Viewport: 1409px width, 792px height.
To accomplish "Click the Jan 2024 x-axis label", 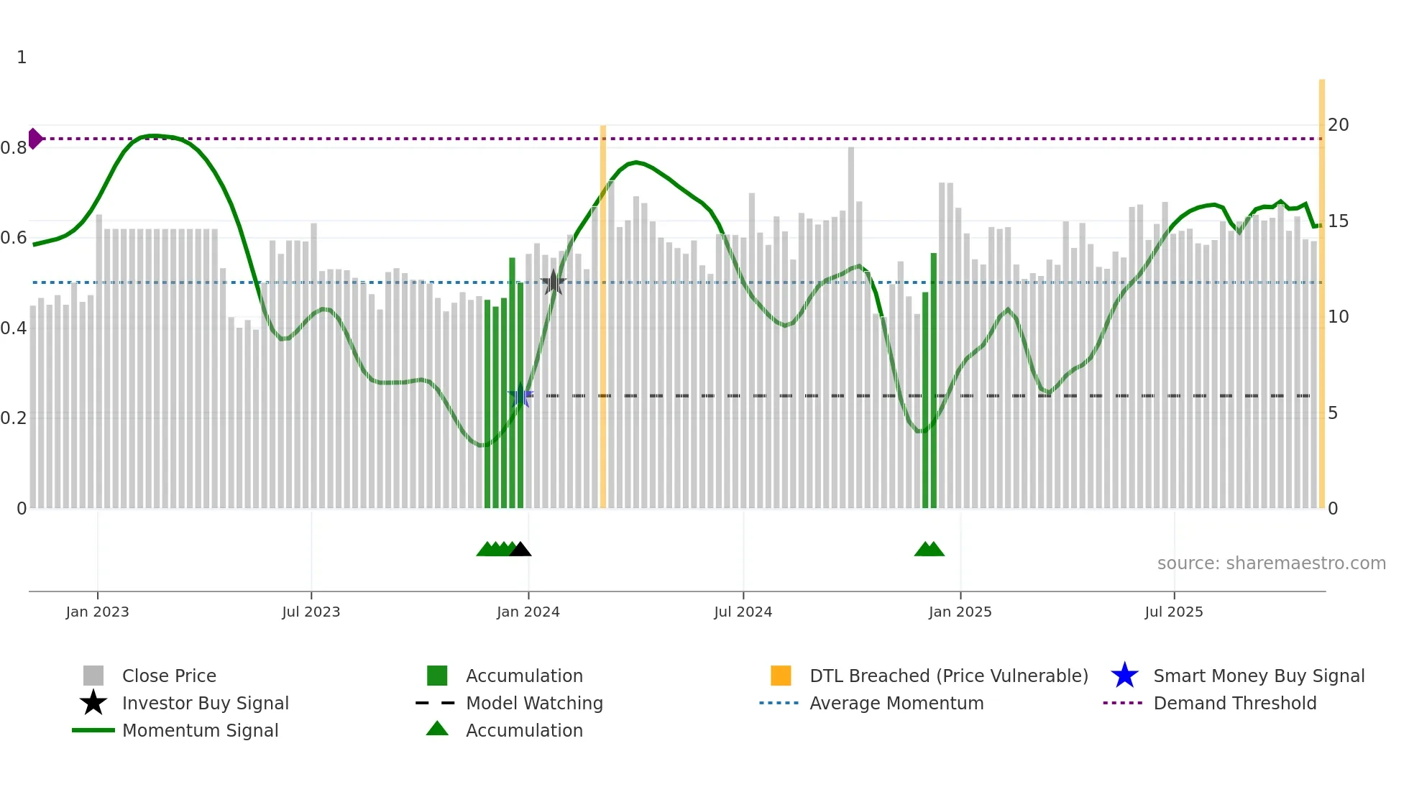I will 528,612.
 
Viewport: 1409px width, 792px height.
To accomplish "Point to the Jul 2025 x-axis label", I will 1173,612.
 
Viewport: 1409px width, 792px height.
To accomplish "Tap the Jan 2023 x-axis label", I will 97,612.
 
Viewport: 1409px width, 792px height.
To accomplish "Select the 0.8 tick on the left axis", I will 14,148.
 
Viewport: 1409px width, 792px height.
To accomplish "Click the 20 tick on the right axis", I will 1338,125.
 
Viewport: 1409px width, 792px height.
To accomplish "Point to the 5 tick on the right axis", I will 1333,413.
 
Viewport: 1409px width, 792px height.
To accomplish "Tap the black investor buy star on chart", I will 553,282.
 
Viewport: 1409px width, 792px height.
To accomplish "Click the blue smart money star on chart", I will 520,396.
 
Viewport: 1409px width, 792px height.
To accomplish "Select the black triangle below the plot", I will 520,550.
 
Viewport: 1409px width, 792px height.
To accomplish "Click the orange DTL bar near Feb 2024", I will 603,316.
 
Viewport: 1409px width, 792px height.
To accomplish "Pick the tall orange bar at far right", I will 1321,295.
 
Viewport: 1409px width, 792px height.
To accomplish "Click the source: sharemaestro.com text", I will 1271,563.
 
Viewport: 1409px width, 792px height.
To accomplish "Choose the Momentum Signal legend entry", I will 200,730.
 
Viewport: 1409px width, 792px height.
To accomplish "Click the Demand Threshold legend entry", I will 1234,703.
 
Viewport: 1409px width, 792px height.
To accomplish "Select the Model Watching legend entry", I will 534,703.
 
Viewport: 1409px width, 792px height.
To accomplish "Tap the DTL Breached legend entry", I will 948,676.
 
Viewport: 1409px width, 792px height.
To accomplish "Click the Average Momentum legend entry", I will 896,703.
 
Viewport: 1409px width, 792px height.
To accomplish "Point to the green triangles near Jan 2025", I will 929,550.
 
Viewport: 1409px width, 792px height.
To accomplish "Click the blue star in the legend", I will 1124,676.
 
